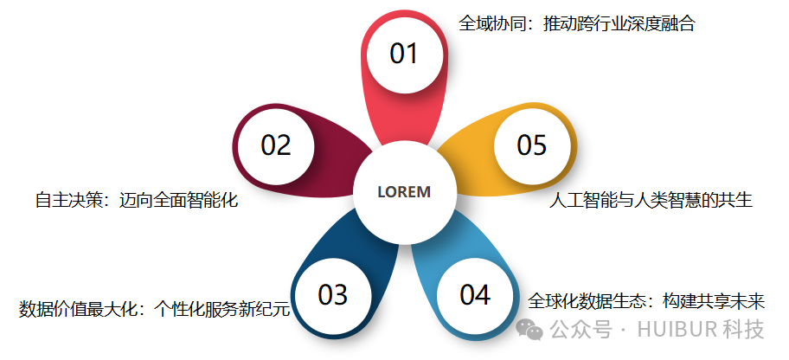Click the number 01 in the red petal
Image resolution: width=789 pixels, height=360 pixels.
tap(404, 54)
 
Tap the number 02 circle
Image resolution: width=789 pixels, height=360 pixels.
tap(276, 145)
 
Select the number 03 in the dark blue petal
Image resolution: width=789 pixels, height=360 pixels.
tap(332, 295)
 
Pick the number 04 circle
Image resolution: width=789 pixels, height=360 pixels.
tap(474, 295)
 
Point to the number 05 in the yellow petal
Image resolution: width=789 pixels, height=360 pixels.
tap(532, 145)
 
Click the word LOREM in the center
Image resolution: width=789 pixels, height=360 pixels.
tap(404, 192)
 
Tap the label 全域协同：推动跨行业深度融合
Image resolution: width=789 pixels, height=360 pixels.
tap(576, 24)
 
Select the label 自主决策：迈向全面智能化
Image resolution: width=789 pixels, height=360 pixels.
tap(136, 201)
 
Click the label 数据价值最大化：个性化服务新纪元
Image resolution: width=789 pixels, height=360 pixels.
tap(154, 309)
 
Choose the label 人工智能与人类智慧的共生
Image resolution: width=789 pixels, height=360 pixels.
tap(651, 201)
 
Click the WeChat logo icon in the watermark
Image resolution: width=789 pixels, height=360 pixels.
tap(528, 330)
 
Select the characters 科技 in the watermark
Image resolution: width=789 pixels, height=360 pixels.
tap(745, 330)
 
